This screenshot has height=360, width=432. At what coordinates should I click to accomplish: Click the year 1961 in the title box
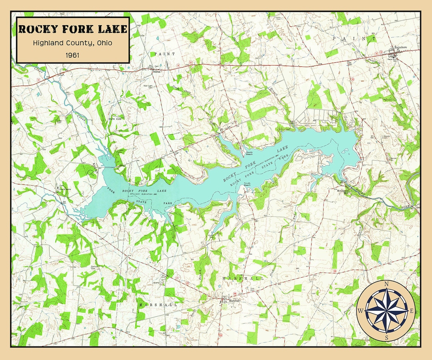(72, 55)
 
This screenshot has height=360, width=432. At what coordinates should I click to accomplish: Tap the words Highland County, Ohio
(72, 43)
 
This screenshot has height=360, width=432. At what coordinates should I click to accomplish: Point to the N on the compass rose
(386, 284)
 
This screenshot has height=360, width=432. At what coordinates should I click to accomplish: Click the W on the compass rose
(360, 311)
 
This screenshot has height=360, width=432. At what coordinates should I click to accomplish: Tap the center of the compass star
(386, 311)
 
